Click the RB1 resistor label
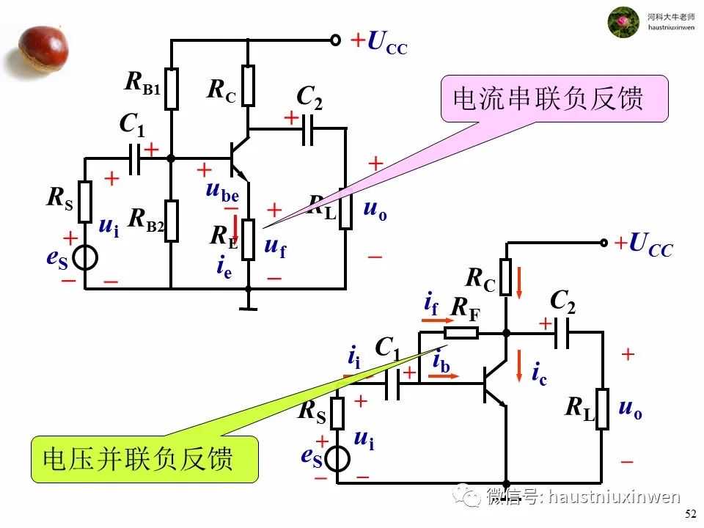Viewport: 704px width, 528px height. pyautogui.click(x=142, y=83)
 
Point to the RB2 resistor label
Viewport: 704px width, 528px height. pyautogui.click(x=146, y=219)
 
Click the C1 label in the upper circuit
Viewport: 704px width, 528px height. pyautogui.click(x=133, y=125)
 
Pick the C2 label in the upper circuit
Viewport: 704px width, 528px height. pyautogui.click(x=309, y=97)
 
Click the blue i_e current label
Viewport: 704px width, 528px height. pyautogui.click(x=224, y=268)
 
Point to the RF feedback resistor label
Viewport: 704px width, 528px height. pyautogui.click(x=464, y=309)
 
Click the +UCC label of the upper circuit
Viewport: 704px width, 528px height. pyautogui.click(x=378, y=43)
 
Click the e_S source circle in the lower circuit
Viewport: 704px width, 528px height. pyautogui.click(x=338, y=459)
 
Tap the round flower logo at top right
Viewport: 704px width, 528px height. pyautogui.click(x=623, y=22)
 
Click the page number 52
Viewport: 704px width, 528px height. pyautogui.click(x=690, y=514)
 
